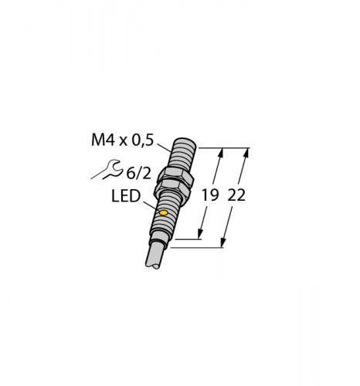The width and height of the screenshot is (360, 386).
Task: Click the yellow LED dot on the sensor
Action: [164, 213]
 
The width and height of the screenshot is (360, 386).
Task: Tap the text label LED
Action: [126, 196]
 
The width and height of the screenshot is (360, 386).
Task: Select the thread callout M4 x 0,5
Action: [123, 141]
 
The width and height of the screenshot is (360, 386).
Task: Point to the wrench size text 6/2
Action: [138, 174]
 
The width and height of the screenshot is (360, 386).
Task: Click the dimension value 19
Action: [210, 195]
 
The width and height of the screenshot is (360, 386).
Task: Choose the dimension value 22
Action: [236, 195]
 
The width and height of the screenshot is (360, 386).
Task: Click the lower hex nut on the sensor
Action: [172, 191]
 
